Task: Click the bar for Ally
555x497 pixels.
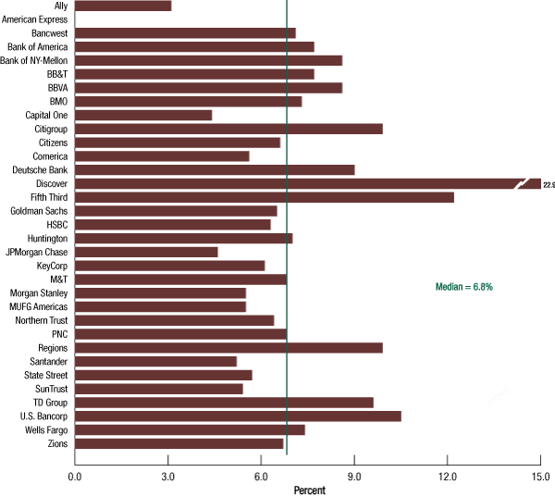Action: pos(123,6)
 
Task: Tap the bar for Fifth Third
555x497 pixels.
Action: pos(265,197)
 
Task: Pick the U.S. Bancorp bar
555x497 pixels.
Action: pos(238,416)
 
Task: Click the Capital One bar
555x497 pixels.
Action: pos(143,115)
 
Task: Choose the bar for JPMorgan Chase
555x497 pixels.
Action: pos(146,252)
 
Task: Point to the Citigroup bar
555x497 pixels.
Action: pos(228,129)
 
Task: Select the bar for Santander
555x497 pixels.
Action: pos(155,362)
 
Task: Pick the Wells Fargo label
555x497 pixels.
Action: pos(44,430)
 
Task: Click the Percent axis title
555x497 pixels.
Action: pos(309,489)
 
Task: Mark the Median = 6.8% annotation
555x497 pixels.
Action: pos(464,287)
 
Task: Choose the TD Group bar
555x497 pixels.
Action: pos(224,403)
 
